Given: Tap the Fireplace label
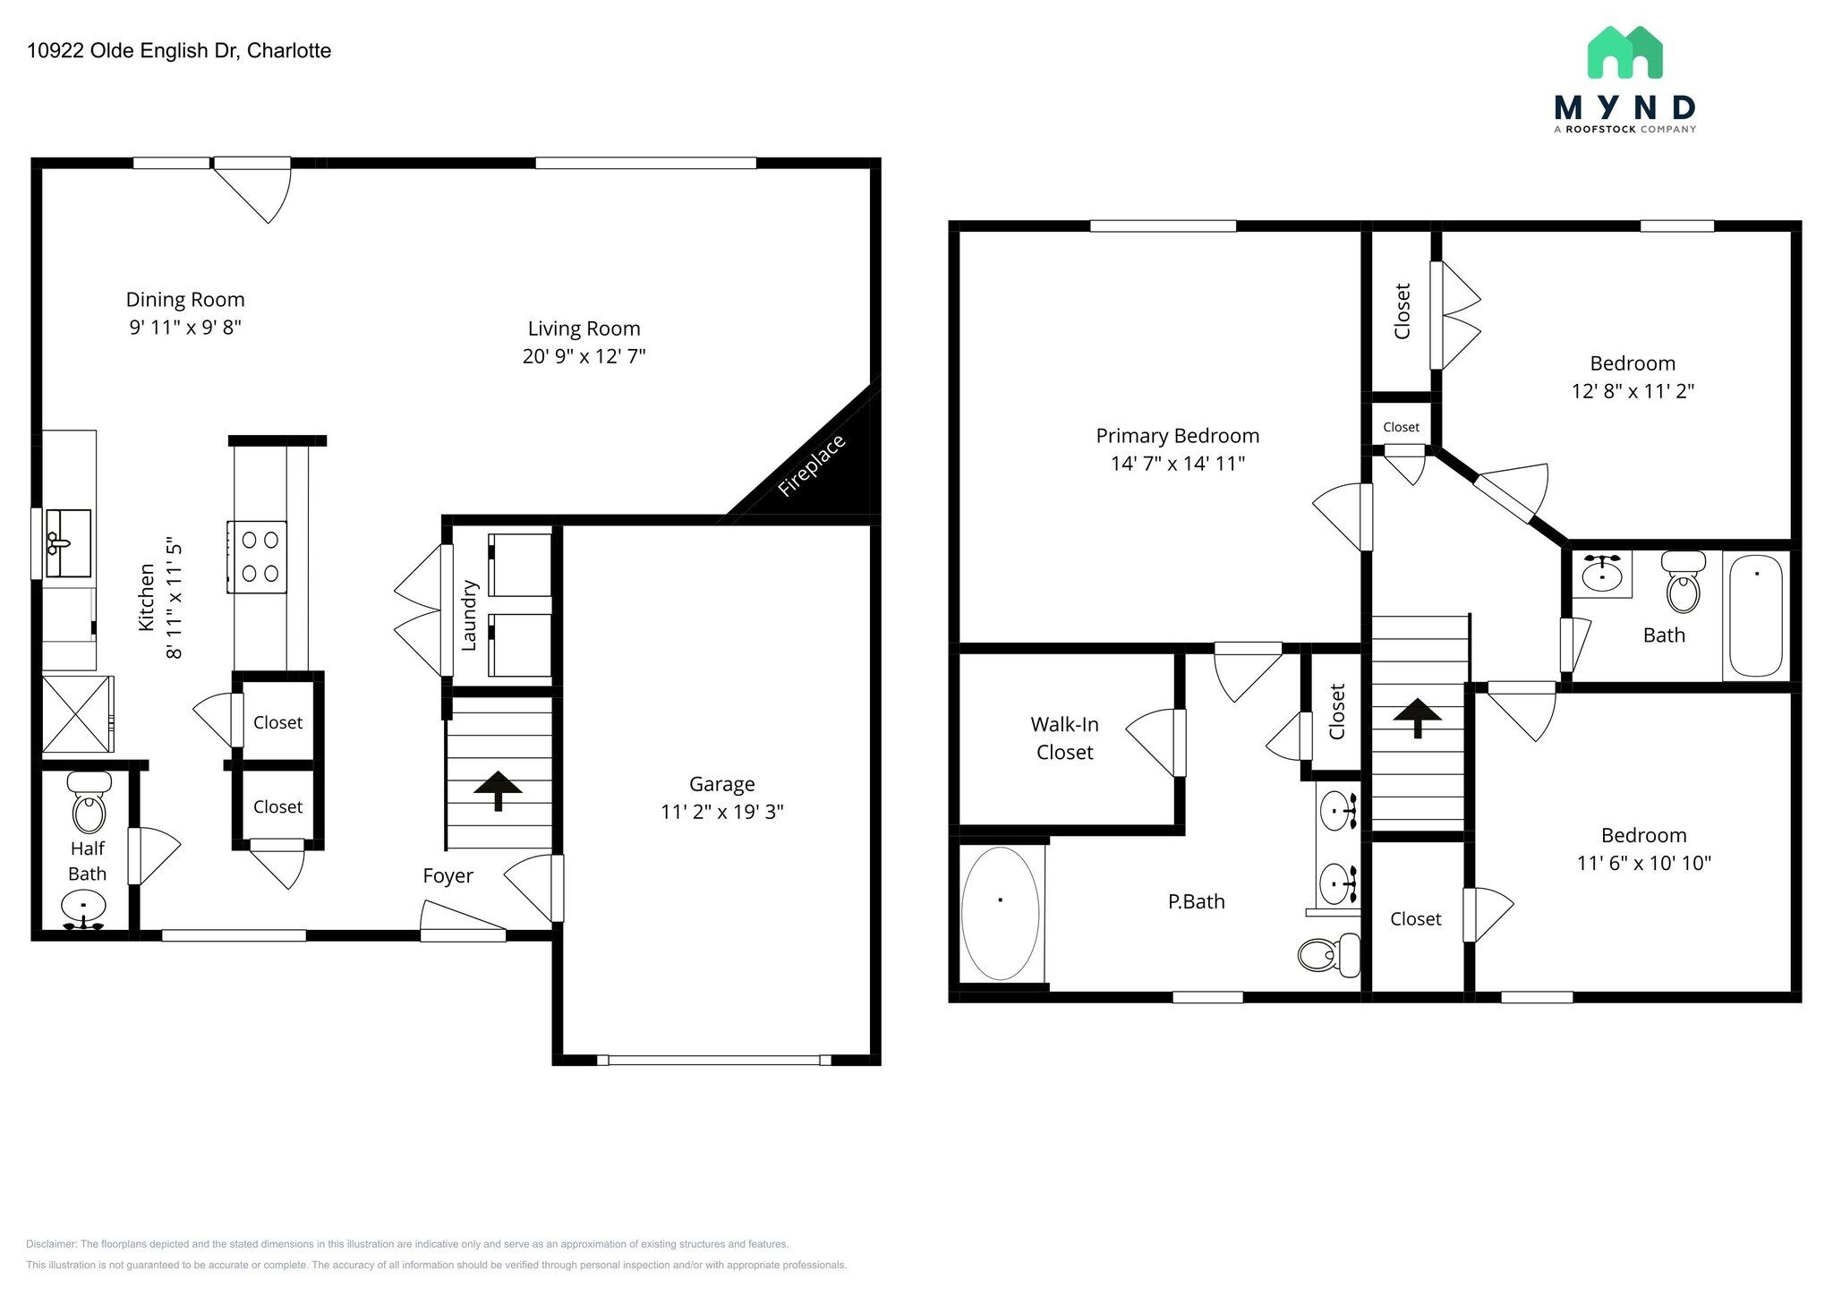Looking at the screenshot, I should point(811,465).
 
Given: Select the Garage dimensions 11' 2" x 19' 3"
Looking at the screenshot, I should point(721,812).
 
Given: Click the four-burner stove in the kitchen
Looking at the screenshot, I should point(258,557).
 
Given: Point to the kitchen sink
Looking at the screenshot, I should point(68,543).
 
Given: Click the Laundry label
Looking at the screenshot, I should point(469,615).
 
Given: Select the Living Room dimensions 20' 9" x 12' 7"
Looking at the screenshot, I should point(584,356).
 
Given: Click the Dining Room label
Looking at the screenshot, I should point(184,300).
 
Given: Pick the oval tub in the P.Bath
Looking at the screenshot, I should point(1000,913).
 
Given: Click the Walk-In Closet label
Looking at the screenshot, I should point(1064,738).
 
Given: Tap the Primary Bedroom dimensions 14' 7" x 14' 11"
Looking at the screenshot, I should point(1177,464).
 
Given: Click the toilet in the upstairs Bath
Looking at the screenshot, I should point(1683,583).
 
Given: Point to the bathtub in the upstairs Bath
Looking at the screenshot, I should point(1755,615).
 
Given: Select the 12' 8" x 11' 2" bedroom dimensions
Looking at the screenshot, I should point(1633,391).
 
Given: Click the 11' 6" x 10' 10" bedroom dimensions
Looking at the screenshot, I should point(1643,863).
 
